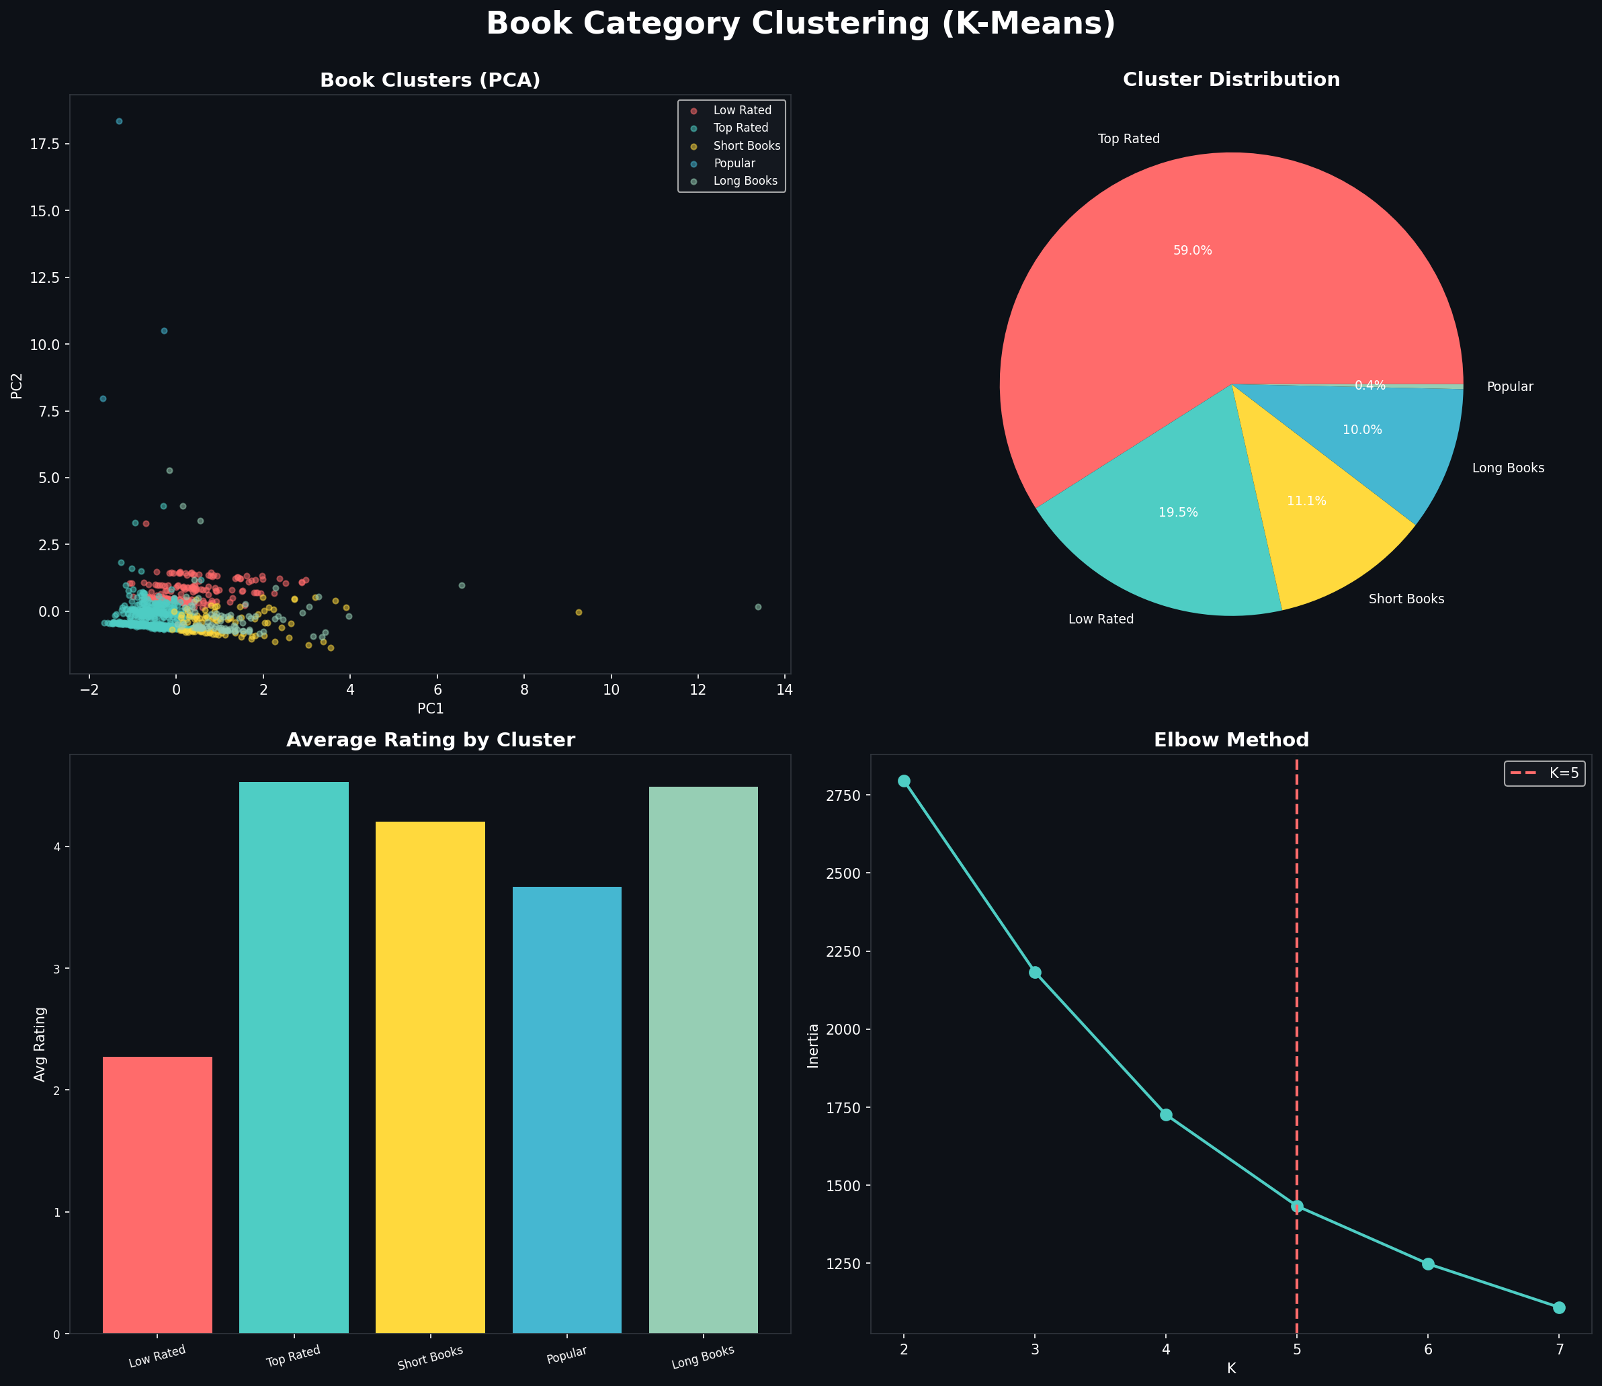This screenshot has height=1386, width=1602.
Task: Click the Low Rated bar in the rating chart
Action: [x=157, y=1195]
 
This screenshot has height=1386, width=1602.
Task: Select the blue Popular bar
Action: [x=566, y=1110]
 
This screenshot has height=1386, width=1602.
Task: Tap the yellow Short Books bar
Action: [x=430, y=1078]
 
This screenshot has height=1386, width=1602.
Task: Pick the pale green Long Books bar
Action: [x=702, y=1059]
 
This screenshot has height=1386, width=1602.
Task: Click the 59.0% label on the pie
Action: [x=1192, y=251]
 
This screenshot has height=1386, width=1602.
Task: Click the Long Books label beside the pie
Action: [x=1508, y=468]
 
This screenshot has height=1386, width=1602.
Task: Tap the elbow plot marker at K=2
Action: [x=904, y=781]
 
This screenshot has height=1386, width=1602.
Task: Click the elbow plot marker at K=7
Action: [x=1559, y=1307]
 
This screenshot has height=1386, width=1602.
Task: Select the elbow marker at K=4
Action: [x=1166, y=1115]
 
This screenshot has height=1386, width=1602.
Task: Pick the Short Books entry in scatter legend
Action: [x=746, y=145]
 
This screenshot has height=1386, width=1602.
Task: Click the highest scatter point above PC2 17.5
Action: [x=119, y=122]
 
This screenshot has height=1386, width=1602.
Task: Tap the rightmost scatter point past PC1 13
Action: [x=758, y=607]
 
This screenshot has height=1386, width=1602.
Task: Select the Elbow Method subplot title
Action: [x=1230, y=740]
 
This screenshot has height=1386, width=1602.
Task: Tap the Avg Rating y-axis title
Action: [x=40, y=1044]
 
